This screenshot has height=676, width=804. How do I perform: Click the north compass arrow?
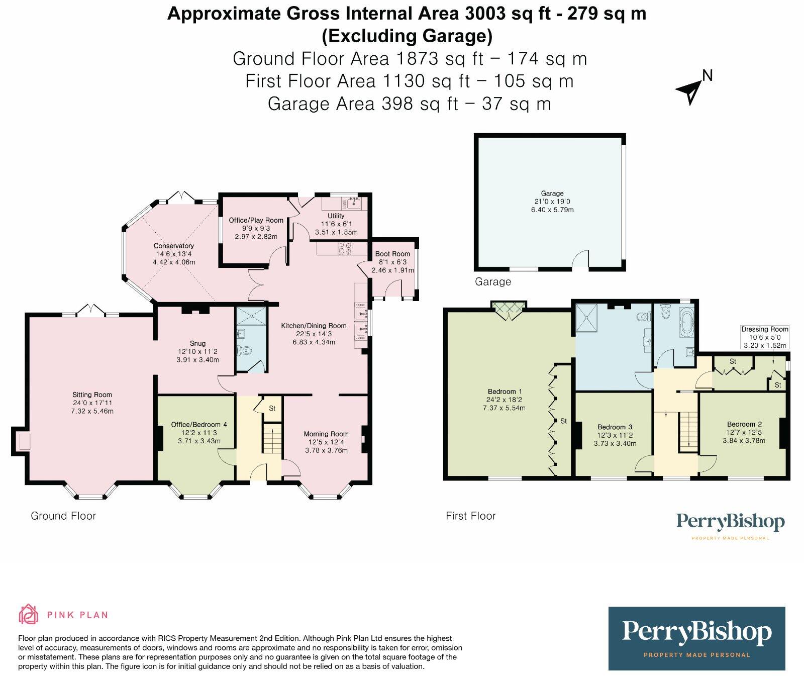[x=689, y=91]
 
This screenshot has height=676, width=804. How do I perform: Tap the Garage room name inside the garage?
[x=552, y=193]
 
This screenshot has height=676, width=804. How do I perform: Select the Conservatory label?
[x=174, y=246]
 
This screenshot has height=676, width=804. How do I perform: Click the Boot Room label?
[x=392, y=254]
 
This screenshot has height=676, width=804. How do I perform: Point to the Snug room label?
[x=198, y=344]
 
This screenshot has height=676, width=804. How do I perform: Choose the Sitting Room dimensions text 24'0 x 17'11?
[x=92, y=403]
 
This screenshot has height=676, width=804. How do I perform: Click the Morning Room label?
[x=326, y=434]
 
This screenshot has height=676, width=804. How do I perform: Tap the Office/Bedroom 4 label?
[x=199, y=425]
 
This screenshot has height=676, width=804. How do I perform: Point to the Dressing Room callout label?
[x=765, y=330]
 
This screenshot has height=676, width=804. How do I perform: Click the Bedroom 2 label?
[x=744, y=424]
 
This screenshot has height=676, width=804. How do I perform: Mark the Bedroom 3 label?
[x=615, y=427]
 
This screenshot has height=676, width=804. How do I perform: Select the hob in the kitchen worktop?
[x=345, y=248]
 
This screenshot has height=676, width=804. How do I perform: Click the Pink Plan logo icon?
[x=29, y=614]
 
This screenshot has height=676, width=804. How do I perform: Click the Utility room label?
[x=336, y=216]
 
